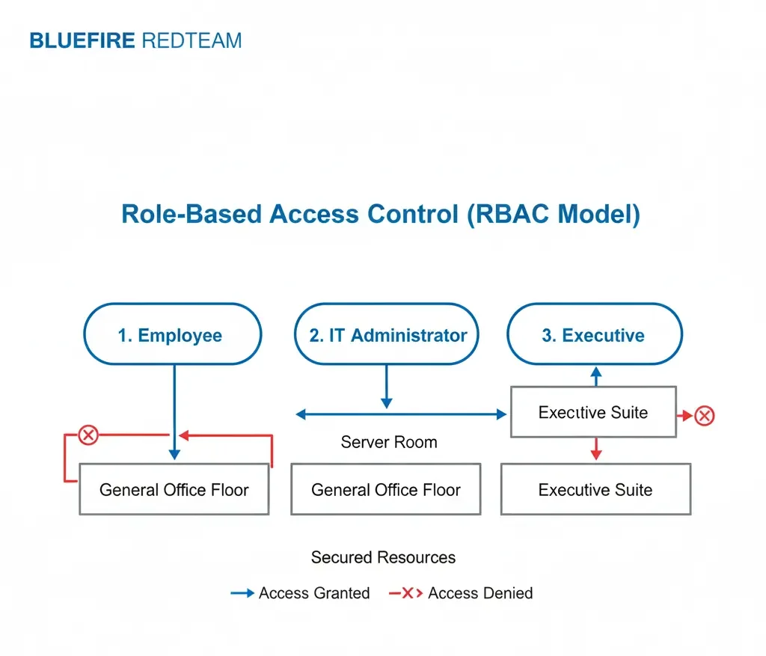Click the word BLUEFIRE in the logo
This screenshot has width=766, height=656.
82,40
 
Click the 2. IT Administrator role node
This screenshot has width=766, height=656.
387,334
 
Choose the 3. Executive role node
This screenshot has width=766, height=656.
594,334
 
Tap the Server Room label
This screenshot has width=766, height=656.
389,442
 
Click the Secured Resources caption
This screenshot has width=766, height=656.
383,557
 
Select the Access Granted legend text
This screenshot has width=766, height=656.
314,593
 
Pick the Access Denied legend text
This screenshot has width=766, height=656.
480,593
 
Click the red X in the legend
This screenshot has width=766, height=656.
408,593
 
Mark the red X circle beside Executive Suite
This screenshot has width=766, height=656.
704,415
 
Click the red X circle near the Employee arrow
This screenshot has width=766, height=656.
88,434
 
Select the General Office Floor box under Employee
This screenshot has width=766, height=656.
174,490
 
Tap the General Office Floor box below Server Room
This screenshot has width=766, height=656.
385,490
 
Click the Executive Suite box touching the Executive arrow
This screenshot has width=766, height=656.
592,412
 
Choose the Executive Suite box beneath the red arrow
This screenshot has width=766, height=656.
595,490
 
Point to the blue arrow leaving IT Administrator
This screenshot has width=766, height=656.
386,386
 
